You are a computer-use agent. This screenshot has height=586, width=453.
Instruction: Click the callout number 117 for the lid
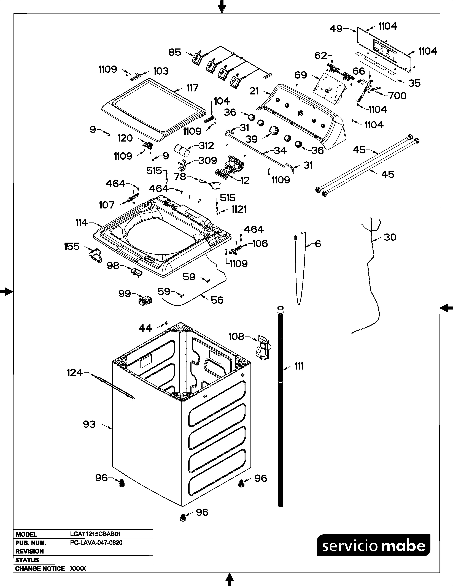[x=192, y=88]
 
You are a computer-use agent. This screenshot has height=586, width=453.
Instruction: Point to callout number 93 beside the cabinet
[x=89, y=424]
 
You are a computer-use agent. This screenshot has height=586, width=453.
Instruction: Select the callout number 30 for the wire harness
[x=390, y=237]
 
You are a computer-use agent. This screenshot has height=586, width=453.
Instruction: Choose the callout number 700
[x=397, y=96]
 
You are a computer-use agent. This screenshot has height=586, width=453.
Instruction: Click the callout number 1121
[x=239, y=209]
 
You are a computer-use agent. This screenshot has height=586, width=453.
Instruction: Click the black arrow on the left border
[x=6, y=291]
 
